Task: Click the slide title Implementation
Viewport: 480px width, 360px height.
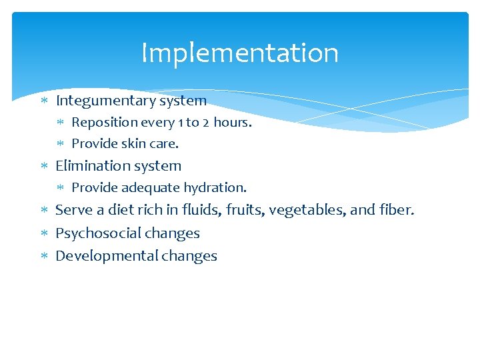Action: tap(240, 53)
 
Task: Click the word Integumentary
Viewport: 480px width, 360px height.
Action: tap(105, 101)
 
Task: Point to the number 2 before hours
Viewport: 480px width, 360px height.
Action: tap(205, 123)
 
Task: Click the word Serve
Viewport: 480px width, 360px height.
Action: tap(73, 211)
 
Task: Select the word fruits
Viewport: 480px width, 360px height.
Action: tap(244, 211)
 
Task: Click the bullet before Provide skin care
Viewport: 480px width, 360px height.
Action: tap(61, 144)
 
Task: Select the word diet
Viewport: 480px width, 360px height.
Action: tap(122, 211)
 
